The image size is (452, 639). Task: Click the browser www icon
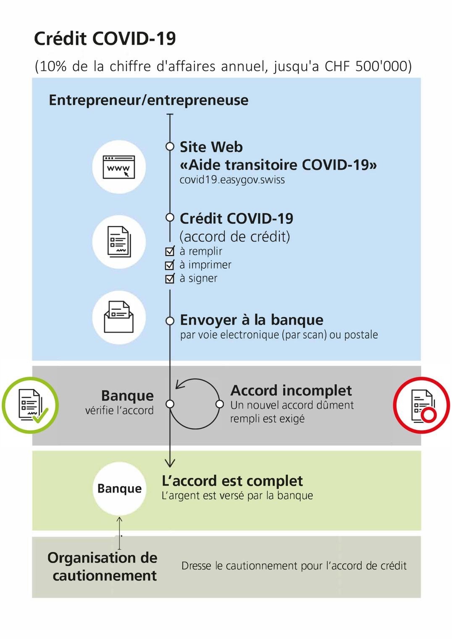point(119,167)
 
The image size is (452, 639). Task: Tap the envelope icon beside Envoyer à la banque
point(119,317)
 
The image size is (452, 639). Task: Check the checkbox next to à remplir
point(170,251)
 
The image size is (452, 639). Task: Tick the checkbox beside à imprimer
point(170,265)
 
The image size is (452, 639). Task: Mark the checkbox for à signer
point(170,278)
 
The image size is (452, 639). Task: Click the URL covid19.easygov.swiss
point(232,180)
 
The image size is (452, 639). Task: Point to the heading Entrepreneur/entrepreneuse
point(148,100)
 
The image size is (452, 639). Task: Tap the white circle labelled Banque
point(119,489)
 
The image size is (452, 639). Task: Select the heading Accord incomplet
point(291,390)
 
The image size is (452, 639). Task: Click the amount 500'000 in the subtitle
point(381,66)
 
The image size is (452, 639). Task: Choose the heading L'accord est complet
point(232,481)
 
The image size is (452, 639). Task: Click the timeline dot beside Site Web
point(170,147)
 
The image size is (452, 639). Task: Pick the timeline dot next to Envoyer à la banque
point(170,321)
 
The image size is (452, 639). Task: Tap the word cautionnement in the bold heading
point(105,575)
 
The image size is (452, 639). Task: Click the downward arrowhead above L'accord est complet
point(170,462)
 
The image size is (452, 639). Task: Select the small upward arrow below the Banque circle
point(119,533)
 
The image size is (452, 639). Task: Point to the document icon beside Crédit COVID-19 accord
point(119,242)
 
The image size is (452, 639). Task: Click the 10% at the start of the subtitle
point(53,66)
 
